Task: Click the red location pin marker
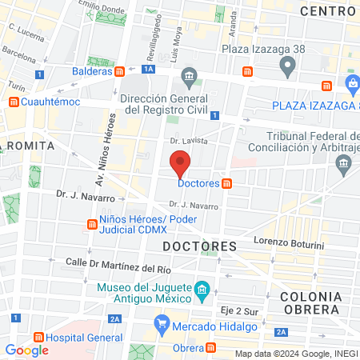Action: [x=181, y=166]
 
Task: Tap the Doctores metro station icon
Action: [x=227, y=183]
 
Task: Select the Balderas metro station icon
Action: [x=119, y=71]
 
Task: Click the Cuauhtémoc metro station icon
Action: [x=14, y=102]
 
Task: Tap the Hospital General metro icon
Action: [x=37, y=338]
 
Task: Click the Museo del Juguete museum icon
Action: [x=202, y=288]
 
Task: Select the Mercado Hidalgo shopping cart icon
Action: [x=162, y=323]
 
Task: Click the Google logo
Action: [x=27, y=350]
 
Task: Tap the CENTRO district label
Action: [x=327, y=10]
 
